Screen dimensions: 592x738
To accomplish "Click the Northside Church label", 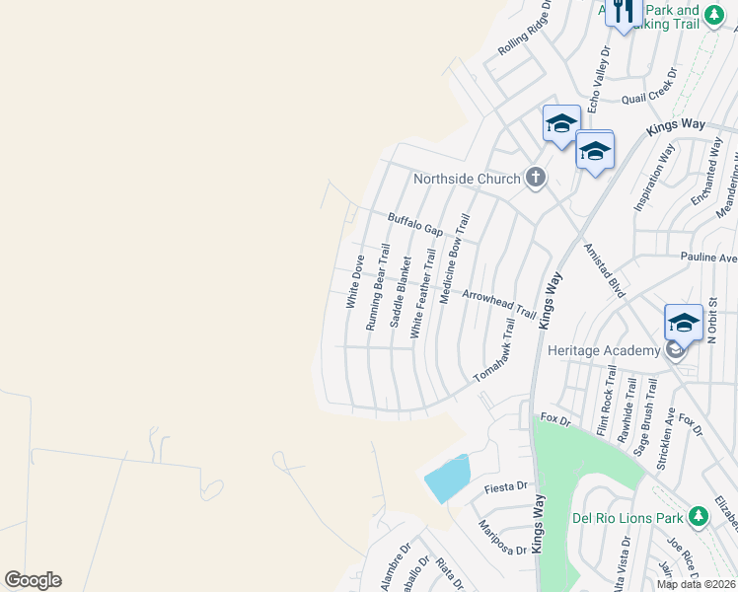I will (x=466, y=179).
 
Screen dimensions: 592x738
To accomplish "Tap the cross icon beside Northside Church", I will (x=535, y=178).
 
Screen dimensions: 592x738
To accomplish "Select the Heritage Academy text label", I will (x=604, y=351).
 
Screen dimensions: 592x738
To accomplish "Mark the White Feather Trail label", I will (x=422, y=293).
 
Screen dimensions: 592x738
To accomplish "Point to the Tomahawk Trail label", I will (x=495, y=351).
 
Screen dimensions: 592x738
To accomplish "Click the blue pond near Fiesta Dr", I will (x=447, y=479).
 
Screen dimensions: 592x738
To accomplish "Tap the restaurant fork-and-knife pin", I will (x=623, y=13).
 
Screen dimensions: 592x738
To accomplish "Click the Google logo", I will (x=33, y=580).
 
